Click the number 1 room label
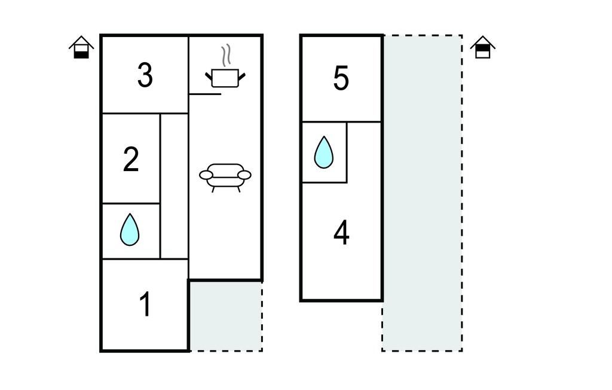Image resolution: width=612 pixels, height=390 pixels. coord(145,305)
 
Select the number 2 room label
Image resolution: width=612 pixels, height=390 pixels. coord(131,160)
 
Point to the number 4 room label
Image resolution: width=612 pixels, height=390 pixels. coord(341,233)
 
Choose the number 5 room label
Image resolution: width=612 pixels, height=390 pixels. coord(341,79)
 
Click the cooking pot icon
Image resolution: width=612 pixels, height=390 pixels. coord(225,77)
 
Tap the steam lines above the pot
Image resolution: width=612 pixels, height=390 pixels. coord(226,56)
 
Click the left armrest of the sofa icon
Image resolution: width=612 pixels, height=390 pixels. coord(206,175)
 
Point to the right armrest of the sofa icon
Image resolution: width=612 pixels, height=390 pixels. coord(244,175)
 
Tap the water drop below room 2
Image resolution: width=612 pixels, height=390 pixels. coord(130,230)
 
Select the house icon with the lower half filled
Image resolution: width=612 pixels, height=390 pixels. coord(81,48)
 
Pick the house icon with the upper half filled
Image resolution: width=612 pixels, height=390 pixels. coord(483,48)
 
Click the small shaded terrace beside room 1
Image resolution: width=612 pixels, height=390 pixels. coord(225,315)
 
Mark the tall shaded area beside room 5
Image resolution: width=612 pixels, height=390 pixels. coord(422,191)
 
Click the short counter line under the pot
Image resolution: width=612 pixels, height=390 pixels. coord(205,94)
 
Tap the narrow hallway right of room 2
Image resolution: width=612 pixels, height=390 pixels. coord(174,185)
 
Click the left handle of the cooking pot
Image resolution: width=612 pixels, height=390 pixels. coord(209,75)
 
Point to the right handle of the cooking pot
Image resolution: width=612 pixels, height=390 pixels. coord(242,75)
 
